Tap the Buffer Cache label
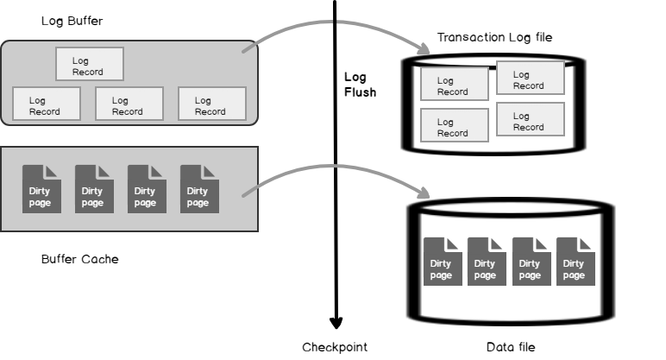(79, 258)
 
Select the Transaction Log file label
(494, 37)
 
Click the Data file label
(511, 347)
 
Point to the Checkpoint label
(335, 347)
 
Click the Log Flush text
(360, 85)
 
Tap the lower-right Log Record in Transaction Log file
(530, 120)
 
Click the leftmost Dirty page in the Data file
(440, 261)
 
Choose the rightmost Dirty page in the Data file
(574, 261)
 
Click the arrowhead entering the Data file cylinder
(426, 193)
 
